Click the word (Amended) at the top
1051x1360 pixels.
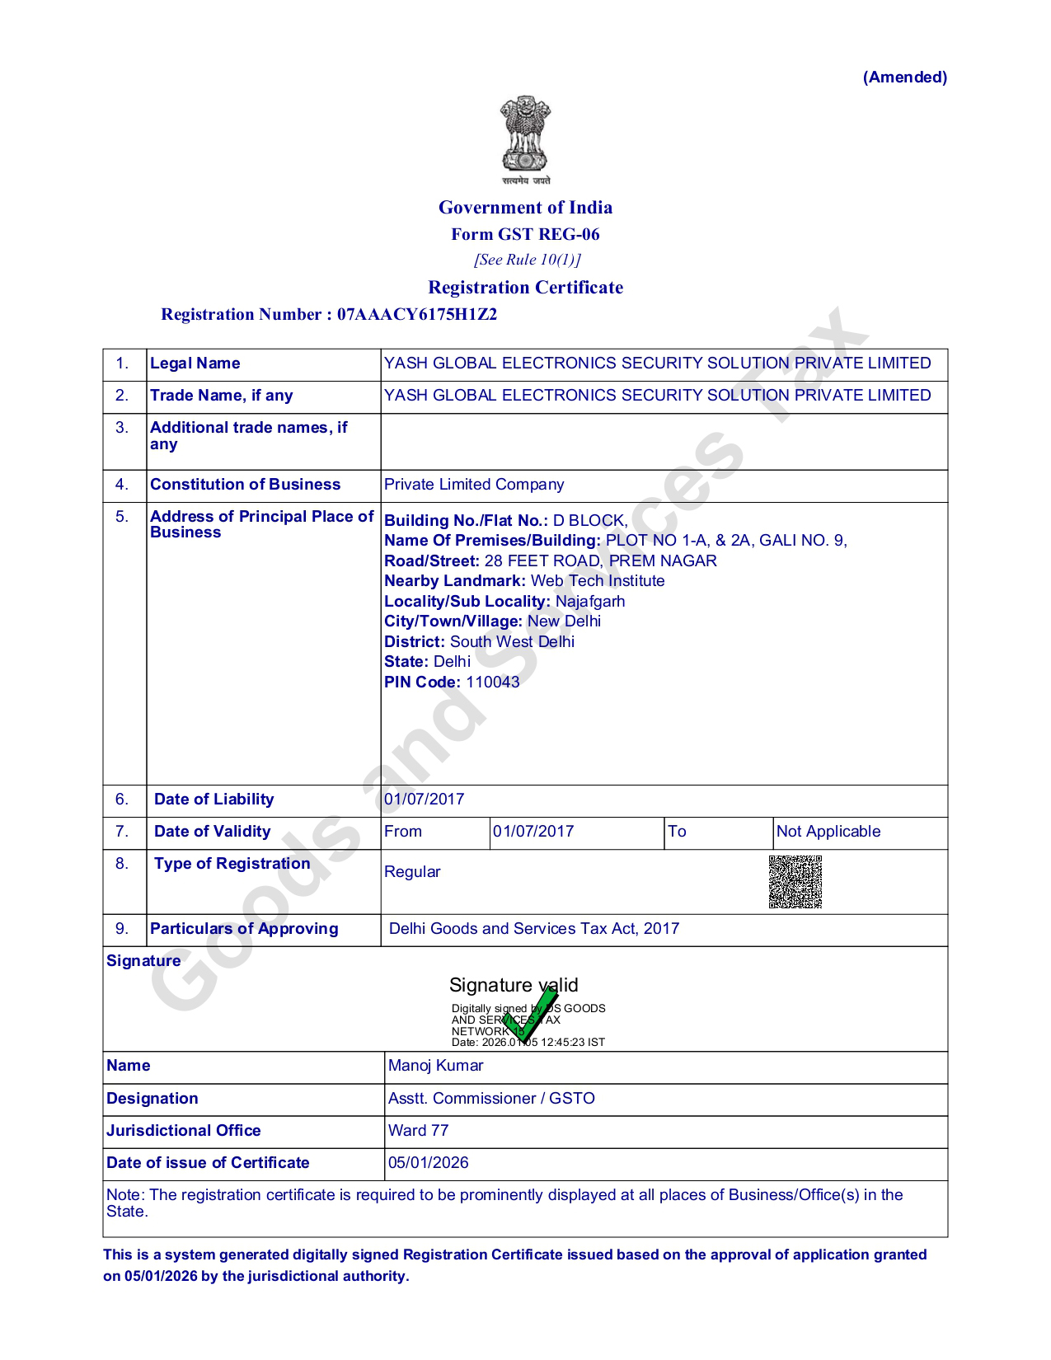[x=904, y=77]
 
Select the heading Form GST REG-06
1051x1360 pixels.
[x=525, y=234]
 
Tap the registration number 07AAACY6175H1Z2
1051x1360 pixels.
[x=417, y=314]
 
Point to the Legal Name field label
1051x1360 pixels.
[x=195, y=363]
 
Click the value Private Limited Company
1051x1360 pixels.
[x=474, y=485]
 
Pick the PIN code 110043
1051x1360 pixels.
[x=493, y=682]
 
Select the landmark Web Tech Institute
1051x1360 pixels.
[x=598, y=581]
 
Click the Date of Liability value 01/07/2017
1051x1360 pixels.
[x=425, y=800]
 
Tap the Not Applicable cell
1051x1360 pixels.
[x=828, y=832]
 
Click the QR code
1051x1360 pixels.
[x=795, y=882]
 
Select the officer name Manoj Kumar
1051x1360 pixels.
[x=436, y=1066]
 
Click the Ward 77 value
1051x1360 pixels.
[x=419, y=1131]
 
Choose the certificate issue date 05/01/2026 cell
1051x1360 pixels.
[x=429, y=1163]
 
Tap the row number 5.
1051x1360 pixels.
[x=122, y=517]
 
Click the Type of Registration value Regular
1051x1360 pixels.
[x=412, y=872]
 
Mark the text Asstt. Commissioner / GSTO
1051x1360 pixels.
[x=491, y=1099]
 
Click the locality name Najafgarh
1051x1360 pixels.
[x=590, y=602]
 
